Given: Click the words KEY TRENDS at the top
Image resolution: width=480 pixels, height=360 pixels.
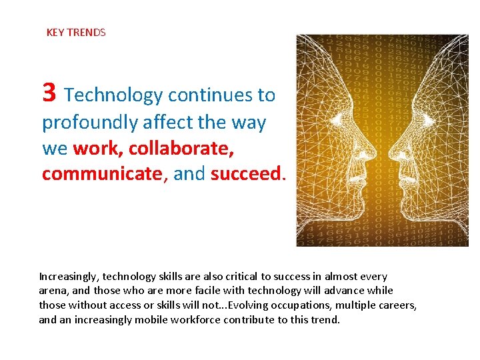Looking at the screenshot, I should coord(76,32).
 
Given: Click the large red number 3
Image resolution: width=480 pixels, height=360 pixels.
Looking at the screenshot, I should coord(49,93).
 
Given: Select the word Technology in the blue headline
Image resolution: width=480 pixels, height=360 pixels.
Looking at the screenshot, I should coord(114,95).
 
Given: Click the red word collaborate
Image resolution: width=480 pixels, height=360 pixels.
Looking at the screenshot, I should coord(181,148).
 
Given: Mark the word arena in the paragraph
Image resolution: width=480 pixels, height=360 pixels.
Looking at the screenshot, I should coord(52,291).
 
